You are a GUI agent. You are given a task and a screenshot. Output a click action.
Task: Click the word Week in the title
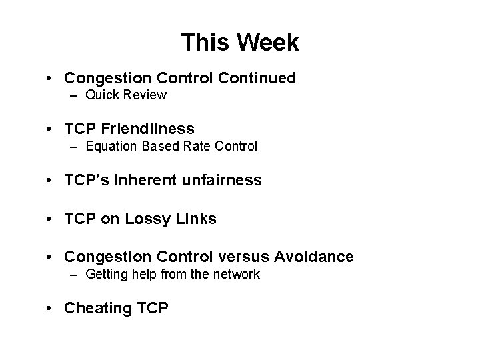[x=267, y=43]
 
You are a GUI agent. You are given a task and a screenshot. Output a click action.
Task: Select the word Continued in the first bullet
[x=257, y=78]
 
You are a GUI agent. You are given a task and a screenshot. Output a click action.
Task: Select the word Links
[x=197, y=219]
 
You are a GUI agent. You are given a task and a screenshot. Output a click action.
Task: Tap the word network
[x=236, y=274]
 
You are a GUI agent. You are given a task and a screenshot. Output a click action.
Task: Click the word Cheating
[x=94, y=308]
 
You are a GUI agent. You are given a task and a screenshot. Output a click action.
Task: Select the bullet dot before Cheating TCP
[x=51, y=309]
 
